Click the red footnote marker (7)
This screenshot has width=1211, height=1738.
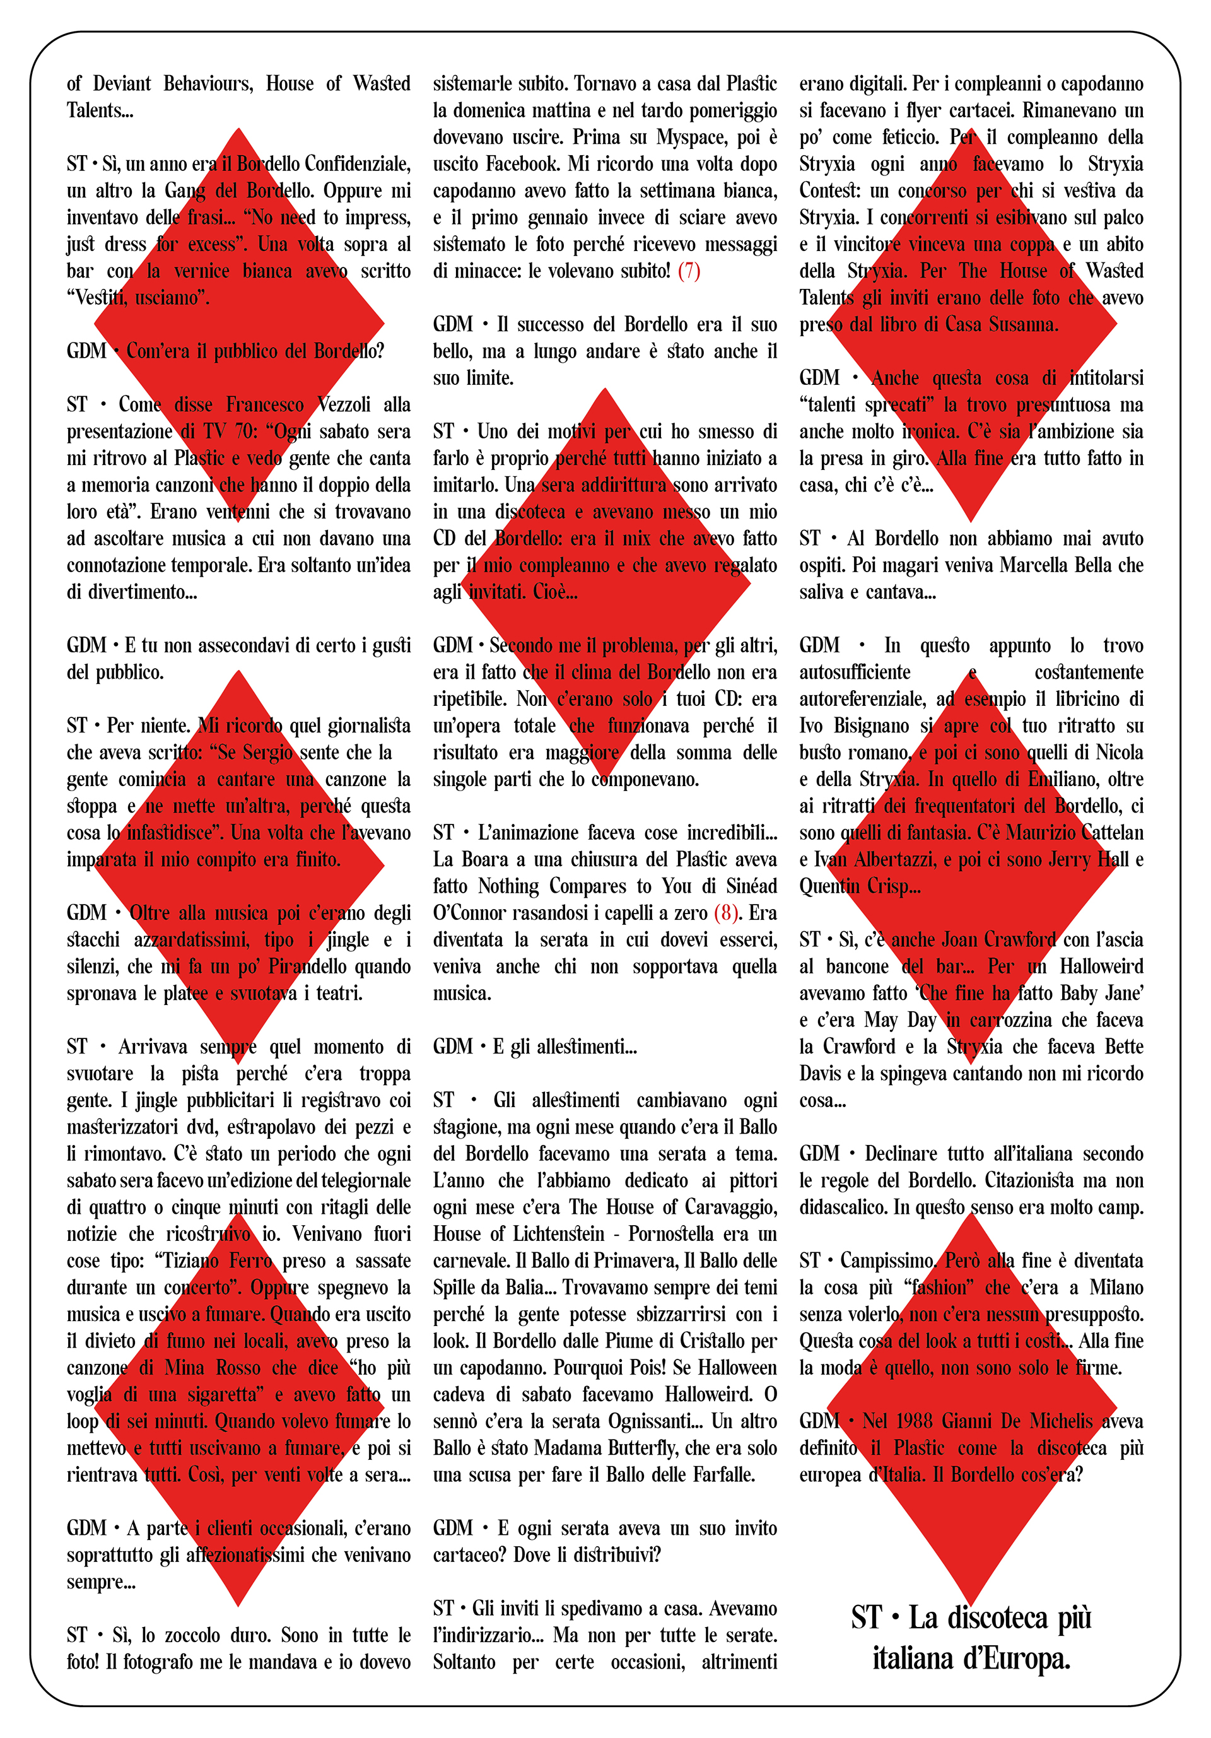[689, 271]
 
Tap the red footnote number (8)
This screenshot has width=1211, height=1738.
[726, 913]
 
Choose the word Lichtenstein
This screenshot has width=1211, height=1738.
[559, 1234]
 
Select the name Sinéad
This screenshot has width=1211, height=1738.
[749, 886]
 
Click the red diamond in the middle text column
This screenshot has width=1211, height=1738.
[605, 583]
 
